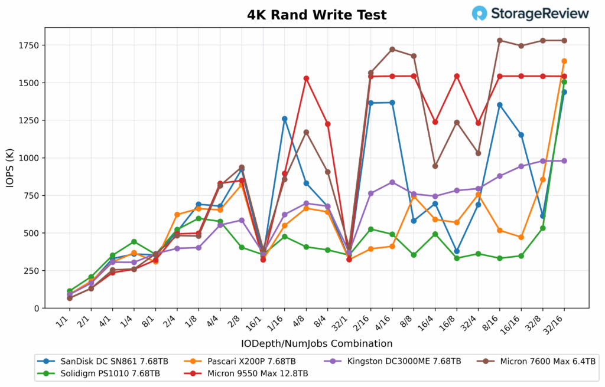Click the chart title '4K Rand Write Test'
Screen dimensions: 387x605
pos(317,15)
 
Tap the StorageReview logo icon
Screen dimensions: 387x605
pos(480,13)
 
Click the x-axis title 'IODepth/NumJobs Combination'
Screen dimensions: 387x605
pos(317,343)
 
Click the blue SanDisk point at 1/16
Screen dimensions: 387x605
pos(285,119)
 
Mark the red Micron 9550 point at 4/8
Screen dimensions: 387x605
pos(306,78)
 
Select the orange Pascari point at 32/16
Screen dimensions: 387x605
pos(564,61)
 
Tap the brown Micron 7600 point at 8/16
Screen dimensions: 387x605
pos(500,41)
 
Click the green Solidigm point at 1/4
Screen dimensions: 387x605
pos(134,241)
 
